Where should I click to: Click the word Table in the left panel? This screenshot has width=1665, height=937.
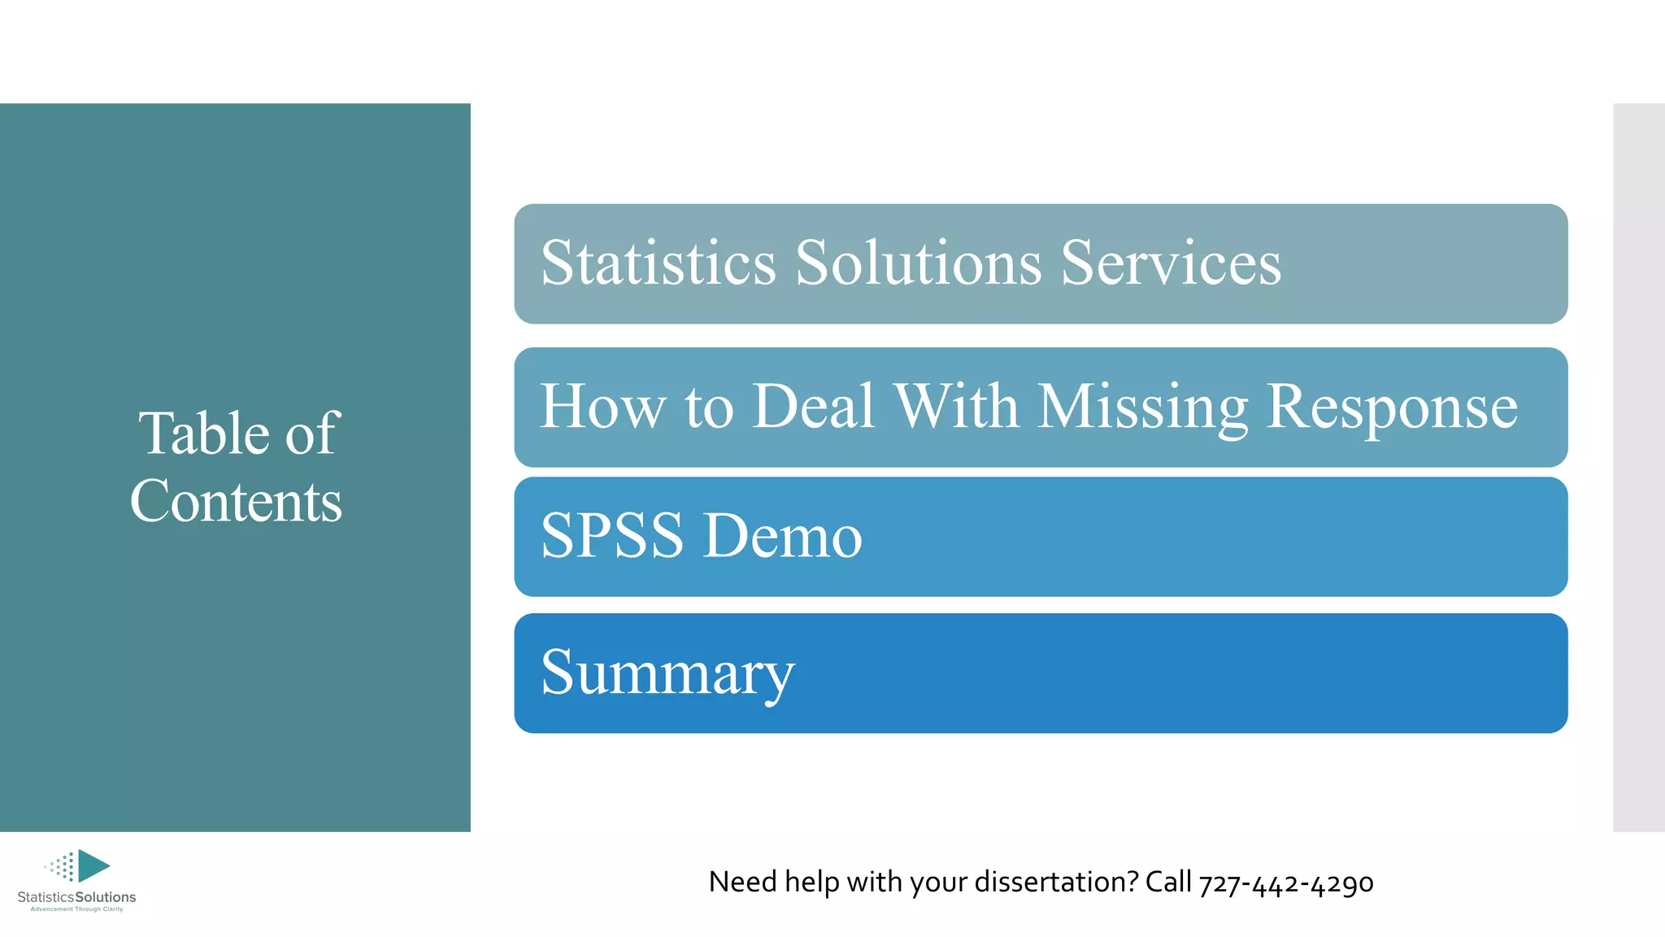pyautogui.click(x=203, y=433)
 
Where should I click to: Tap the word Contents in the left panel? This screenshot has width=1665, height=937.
pyautogui.click(x=236, y=501)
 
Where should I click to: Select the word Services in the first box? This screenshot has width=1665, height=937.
pyautogui.click(x=1171, y=263)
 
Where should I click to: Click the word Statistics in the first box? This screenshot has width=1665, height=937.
pyautogui.click(x=659, y=263)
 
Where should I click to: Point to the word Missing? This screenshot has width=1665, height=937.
pyautogui.click(x=1143, y=407)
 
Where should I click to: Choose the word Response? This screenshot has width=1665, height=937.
pyautogui.click(x=1392, y=407)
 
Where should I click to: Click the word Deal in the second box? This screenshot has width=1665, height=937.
pyautogui.click(x=814, y=406)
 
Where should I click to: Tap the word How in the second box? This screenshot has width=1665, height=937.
pyautogui.click(x=602, y=406)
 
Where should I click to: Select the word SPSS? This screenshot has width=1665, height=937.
pyautogui.click(x=612, y=536)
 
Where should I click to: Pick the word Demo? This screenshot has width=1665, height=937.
pyautogui.click(x=782, y=536)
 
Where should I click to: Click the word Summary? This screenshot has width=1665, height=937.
pyautogui.click(x=667, y=673)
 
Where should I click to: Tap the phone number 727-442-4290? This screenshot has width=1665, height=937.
pyautogui.click(x=1286, y=883)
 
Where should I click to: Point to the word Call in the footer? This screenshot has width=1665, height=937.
pyautogui.click(x=1168, y=882)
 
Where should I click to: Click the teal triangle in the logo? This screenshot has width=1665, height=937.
pyautogui.click(x=92, y=865)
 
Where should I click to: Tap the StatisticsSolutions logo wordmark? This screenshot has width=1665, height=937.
pyautogui.click(x=76, y=897)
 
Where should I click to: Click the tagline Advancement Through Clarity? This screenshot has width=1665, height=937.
pyautogui.click(x=76, y=909)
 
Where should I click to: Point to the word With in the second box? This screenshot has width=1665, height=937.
pyautogui.click(x=956, y=406)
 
